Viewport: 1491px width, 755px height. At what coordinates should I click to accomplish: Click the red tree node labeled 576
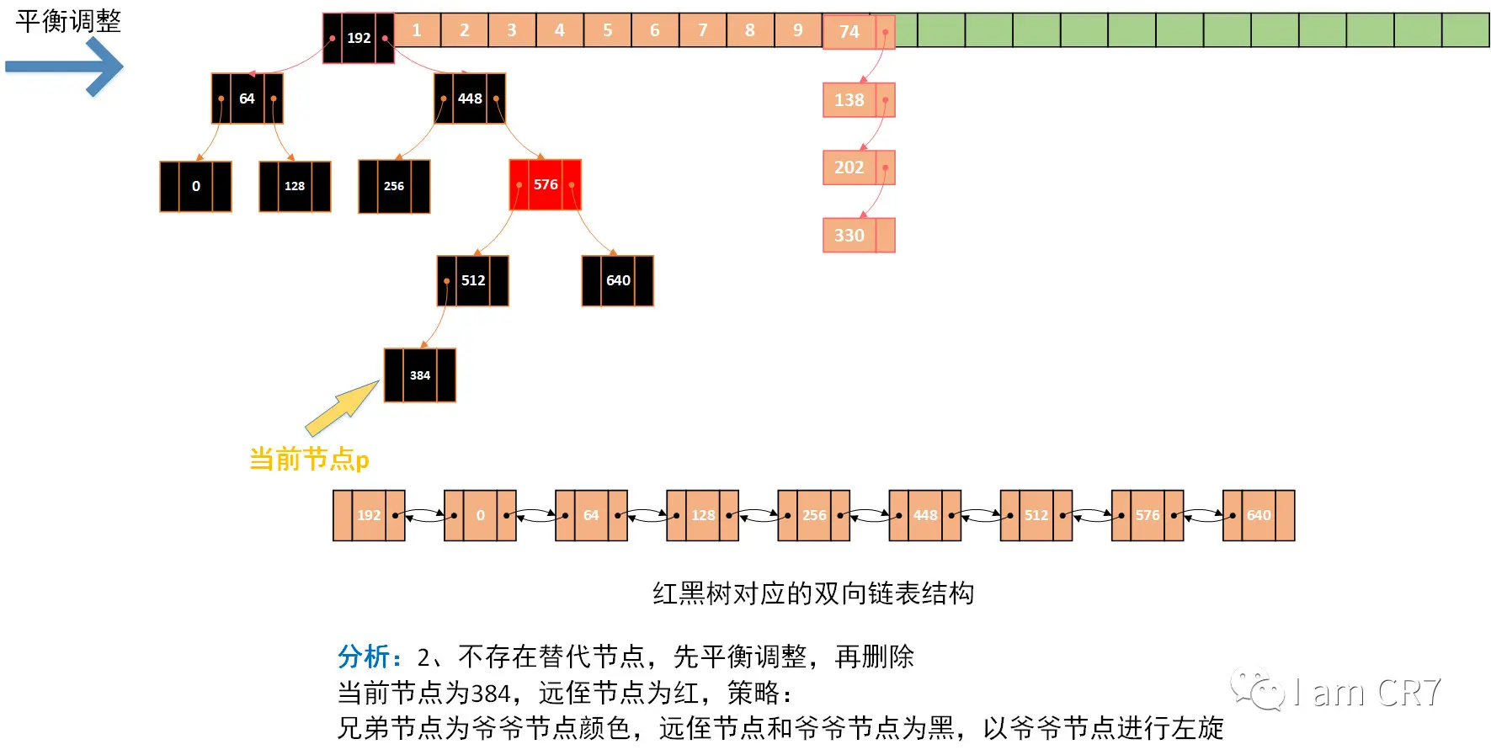click(545, 184)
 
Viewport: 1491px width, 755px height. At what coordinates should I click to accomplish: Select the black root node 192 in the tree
click(359, 38)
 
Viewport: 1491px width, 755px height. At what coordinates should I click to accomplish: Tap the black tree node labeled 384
click(419, 375)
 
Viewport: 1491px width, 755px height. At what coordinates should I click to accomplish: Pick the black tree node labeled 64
click(247, 98)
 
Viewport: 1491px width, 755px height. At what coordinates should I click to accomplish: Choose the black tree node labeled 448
click(470, 98)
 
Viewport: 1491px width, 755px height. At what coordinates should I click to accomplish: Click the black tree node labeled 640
click(617, 280)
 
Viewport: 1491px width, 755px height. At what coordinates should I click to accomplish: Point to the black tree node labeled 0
click(195, 186)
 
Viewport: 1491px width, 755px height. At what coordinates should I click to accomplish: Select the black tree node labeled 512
click(472, 280)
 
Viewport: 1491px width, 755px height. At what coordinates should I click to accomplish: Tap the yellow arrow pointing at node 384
click(341, 407)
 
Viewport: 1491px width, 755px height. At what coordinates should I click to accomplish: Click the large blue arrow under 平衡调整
click(66, 66)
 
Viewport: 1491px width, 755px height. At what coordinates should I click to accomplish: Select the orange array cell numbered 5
click(607, 30)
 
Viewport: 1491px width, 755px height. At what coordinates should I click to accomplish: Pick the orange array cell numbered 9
click(797, 30)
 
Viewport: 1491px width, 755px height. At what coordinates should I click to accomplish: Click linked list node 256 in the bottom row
click(813, 515)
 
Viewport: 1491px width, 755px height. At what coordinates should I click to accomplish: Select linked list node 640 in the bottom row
click(1258, 515)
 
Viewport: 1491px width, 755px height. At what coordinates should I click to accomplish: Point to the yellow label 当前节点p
click(309, 460)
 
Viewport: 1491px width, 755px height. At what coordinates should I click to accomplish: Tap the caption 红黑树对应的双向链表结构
click(813, 593)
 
